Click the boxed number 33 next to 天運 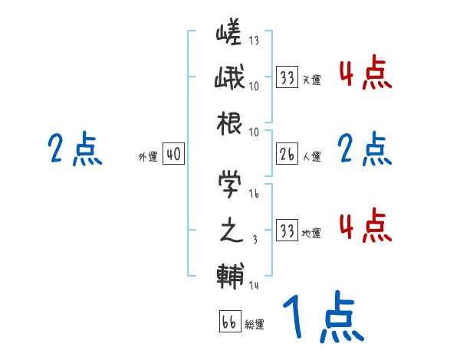coord(287,77)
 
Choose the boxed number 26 coord(287,155)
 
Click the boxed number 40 coord(173,155)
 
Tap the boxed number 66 coord(229,321)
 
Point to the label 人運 coord(312,157)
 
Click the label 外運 coord(147,157)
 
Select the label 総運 coord(255,324)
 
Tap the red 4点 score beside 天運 coord(365,75)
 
